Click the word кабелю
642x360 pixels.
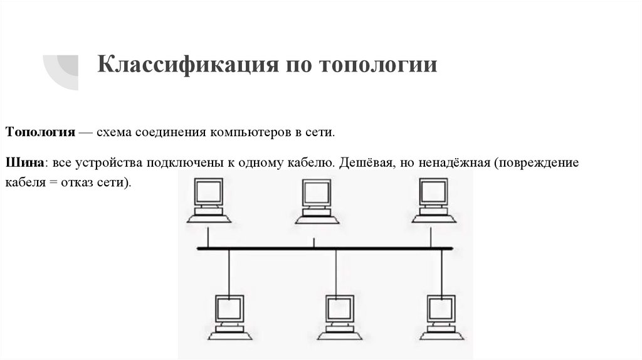(x=314, y=162)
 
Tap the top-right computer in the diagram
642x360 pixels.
(x=433, y=200)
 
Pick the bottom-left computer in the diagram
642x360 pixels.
(x=229, y=316)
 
